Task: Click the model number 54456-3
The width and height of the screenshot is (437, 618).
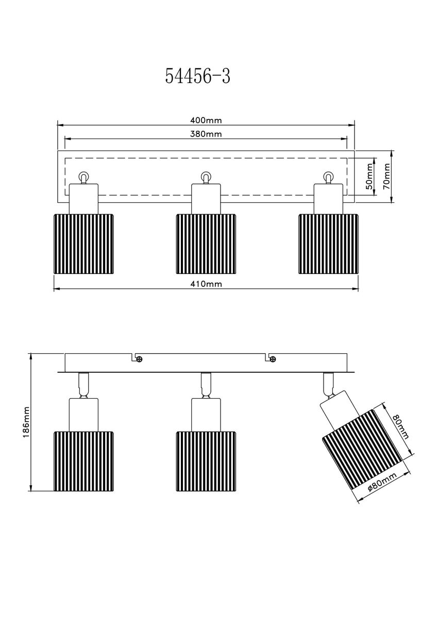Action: click(x=197, y=76)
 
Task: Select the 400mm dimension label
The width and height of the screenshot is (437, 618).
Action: click(x=206, y=121)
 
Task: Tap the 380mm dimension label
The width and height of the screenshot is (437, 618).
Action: click(x=206, y=134)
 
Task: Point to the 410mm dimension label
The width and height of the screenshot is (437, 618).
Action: click(x=206, y=284)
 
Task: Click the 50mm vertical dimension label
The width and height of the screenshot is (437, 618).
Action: click(x=369, y=176)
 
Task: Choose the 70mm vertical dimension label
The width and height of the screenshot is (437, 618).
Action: click(x=387, y=176)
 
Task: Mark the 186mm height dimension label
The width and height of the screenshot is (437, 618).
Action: click(x=26, y=422)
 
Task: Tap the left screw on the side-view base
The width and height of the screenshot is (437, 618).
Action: click(x=140, y=359)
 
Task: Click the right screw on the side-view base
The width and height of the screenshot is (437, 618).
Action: click(x=273, y=359)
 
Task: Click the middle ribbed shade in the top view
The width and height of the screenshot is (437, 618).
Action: click(x=206, y=244)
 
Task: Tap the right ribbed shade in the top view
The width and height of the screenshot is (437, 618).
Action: click(x=328, y=244)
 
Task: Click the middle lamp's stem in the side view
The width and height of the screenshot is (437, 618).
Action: click(x=206, y=385)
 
